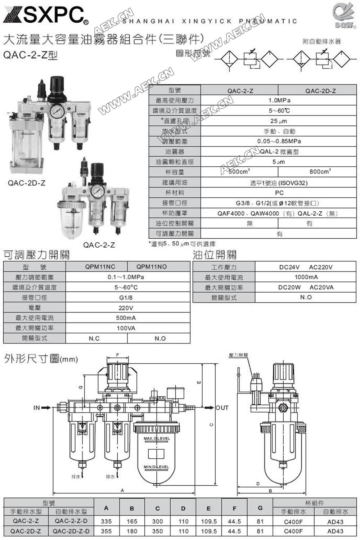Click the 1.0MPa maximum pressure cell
point(279,100)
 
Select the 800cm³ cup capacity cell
point(320,172)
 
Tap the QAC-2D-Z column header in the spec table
point(320,91)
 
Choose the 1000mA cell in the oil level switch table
point(306,277)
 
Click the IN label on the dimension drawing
point(36,408)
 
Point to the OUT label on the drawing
point(222,408)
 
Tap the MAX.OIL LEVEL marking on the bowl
point(157,438)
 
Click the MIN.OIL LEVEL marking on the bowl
point(156,467)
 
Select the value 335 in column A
point(106,521)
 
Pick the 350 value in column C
point(157,531)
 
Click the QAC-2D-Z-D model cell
point(71,531)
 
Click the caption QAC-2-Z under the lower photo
point(99,245)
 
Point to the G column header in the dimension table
point(260,508)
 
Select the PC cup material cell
point(279,193)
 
